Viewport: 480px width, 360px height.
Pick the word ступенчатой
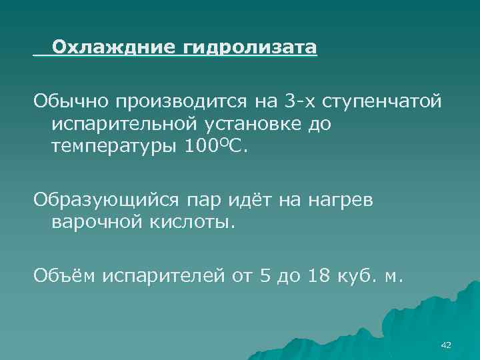point(382,102)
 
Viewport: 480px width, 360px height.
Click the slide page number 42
point(446,345)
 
